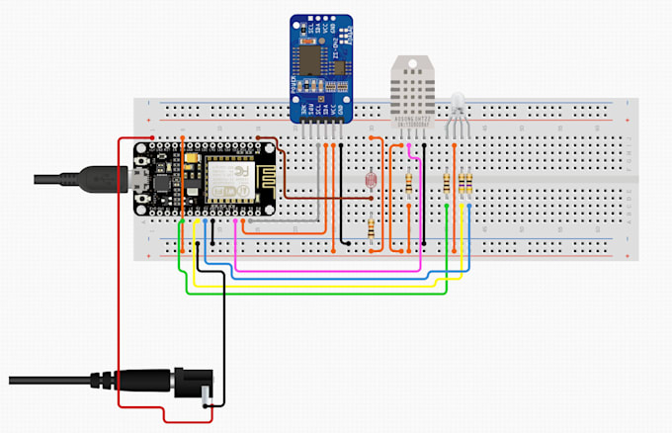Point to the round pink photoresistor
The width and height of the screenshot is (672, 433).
pos(371,181)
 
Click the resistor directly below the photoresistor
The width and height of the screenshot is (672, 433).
pos(371,229)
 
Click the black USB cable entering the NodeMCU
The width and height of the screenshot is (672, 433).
pos(79,179)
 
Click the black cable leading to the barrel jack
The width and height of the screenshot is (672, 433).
pos(59,380)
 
